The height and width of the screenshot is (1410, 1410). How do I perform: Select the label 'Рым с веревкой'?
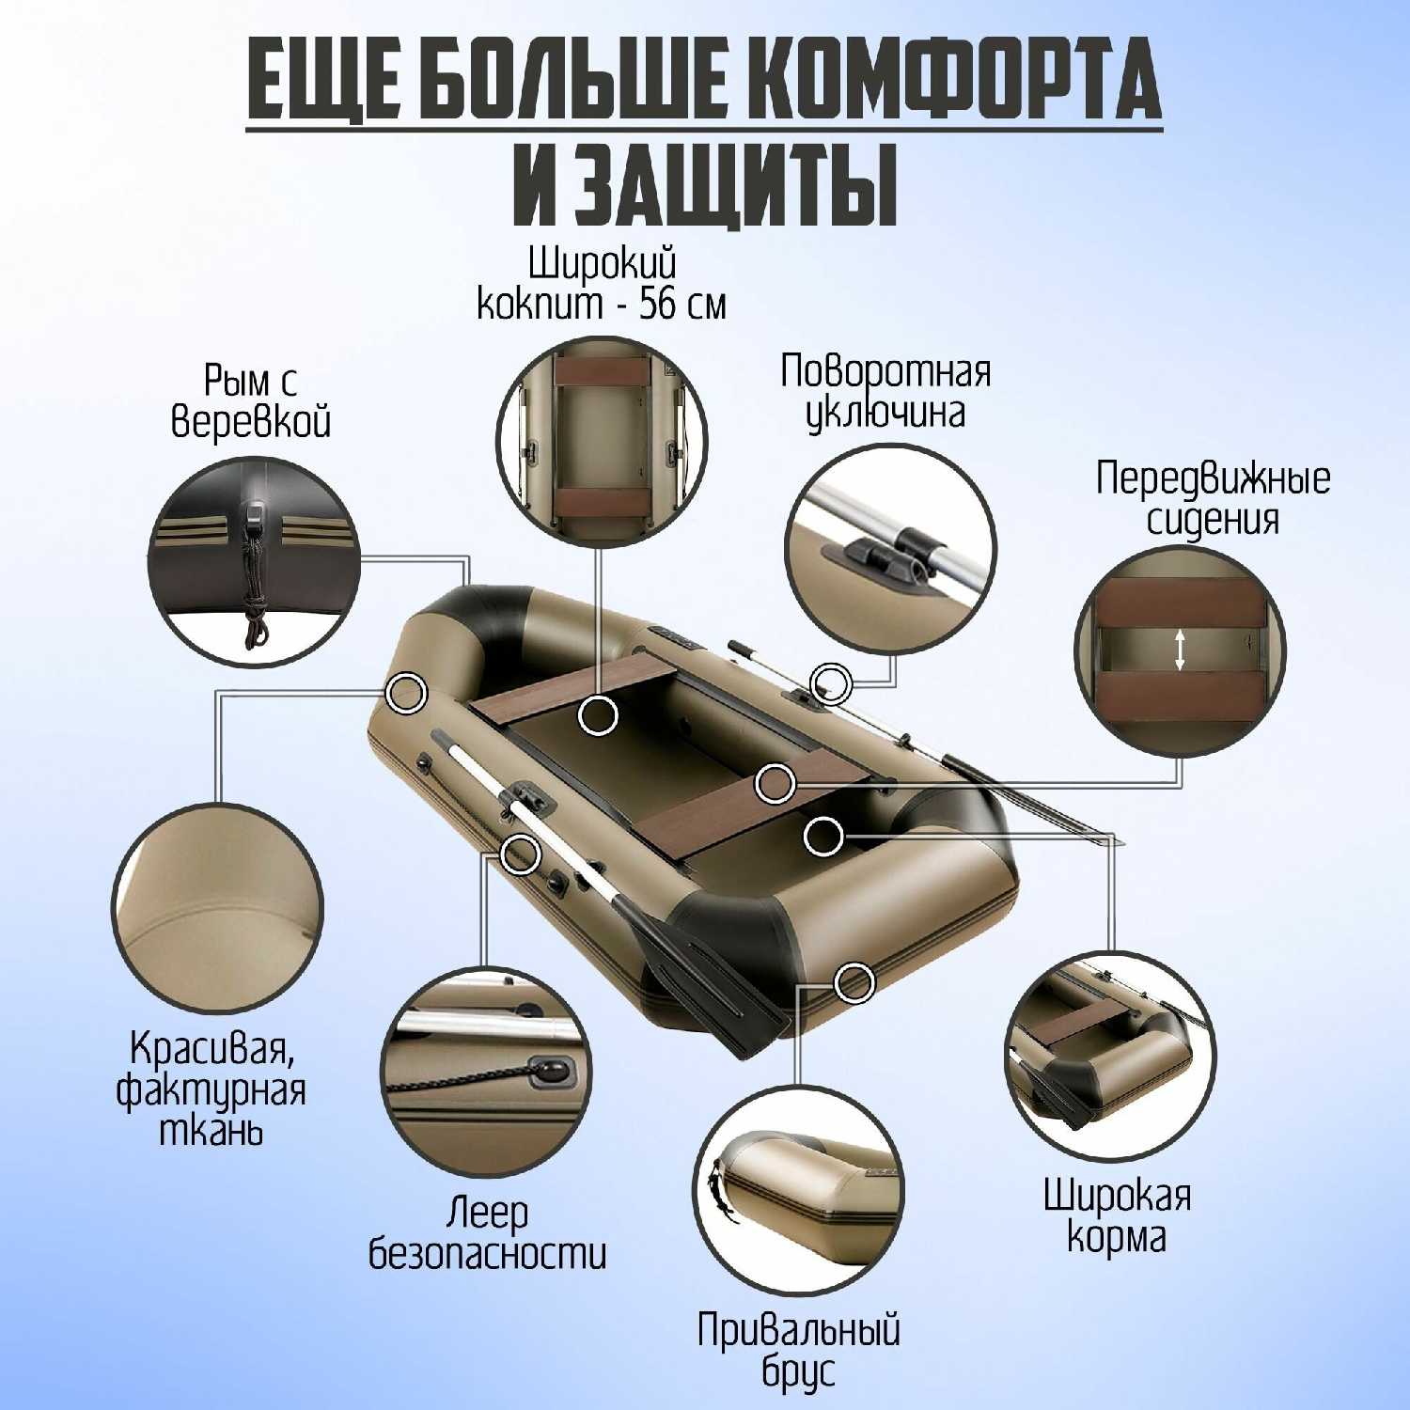251,401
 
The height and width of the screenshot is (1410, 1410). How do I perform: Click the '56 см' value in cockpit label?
682,305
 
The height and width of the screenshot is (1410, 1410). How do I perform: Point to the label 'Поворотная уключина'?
885,391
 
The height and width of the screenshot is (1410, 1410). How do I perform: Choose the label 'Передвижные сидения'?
1213,498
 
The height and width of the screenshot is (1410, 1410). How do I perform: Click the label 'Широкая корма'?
1117,1216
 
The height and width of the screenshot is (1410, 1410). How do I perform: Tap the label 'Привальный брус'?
798,1351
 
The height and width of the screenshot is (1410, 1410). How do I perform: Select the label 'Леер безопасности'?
487,1232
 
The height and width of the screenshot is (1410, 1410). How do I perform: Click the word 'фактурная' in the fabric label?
211,1090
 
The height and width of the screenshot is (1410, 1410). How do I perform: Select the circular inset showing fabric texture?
218,909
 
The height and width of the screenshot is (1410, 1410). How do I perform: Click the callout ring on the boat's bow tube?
407,694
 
